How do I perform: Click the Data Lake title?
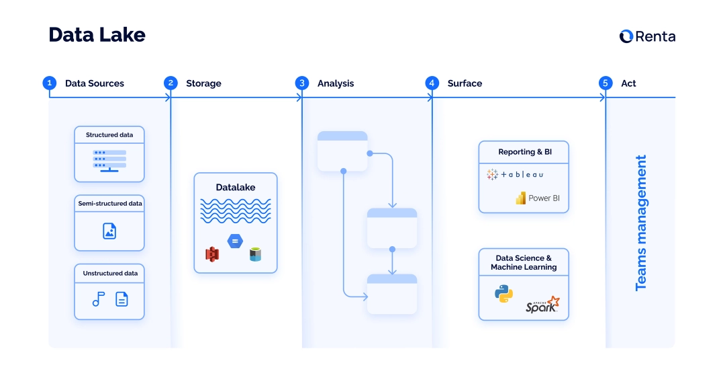97,35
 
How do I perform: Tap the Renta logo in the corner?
647,36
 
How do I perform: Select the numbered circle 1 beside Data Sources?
49,83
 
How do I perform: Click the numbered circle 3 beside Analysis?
302,83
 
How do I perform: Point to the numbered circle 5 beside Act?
606,83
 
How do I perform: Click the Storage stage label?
203,83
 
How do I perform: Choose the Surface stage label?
465,83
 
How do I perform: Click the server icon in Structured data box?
109,160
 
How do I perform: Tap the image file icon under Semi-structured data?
109,231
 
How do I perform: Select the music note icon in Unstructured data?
99,299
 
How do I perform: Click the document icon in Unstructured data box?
122,299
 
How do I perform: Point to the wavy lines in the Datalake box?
235,210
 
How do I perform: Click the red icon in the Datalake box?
213,254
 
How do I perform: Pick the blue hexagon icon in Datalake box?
235,241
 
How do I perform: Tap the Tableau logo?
515,175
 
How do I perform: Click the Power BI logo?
537,198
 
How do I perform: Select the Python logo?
503,294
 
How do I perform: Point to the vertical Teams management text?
641,223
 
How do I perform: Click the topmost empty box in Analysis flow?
342,151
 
